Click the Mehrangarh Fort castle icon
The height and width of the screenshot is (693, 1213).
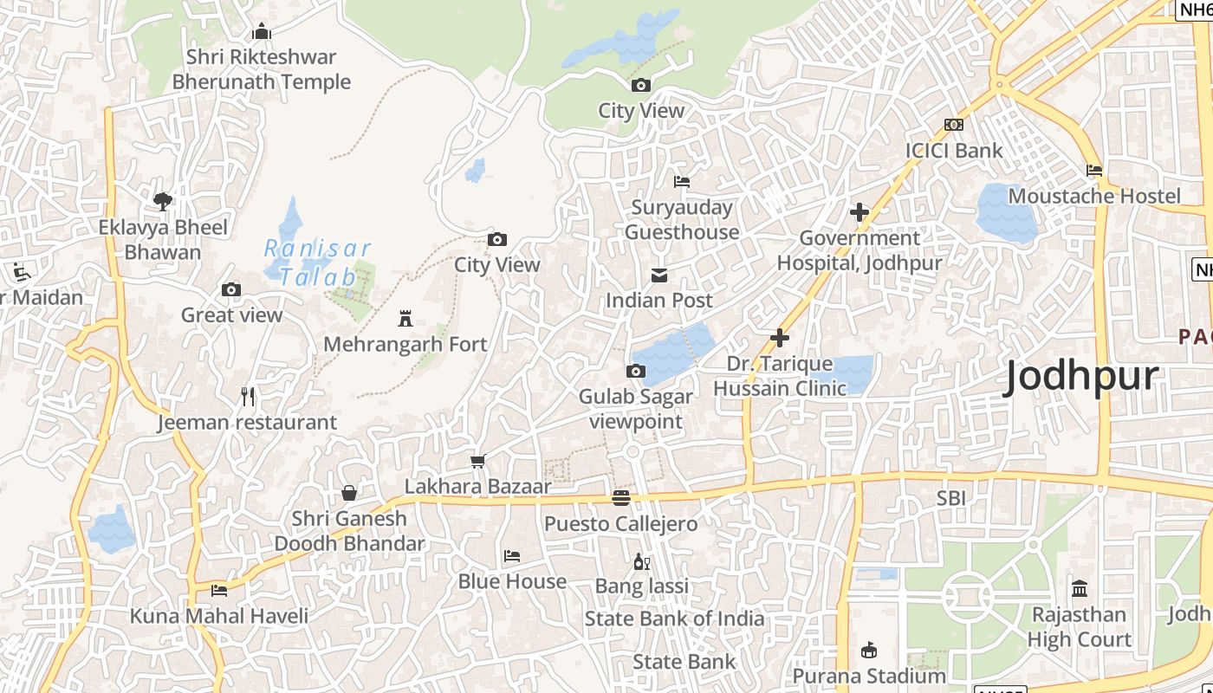click(405, 319)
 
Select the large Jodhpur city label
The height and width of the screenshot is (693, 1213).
click(1080, 377)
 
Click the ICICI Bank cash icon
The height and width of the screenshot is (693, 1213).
click(954, 125)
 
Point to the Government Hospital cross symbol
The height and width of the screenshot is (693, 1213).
click(859, 212)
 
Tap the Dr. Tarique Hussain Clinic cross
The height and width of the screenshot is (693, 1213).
click(780, 338)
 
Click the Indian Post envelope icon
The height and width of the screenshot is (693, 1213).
click(659, 275)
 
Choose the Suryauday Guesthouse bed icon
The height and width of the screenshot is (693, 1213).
click(682, 182)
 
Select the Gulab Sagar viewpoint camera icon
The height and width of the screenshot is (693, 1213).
click(635, 372)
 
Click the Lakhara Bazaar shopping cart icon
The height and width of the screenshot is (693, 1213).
click(477, 461)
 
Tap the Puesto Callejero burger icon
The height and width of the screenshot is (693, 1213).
click(620, 498)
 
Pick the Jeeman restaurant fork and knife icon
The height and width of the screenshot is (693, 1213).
click(248, 397)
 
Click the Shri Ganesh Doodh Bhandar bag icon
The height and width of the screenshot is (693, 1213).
click(348, 493)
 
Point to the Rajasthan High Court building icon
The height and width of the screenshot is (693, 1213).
click(1080, 589)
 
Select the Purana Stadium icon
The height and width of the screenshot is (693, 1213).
click(869, 650)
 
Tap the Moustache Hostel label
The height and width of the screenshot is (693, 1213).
click(1093, 196)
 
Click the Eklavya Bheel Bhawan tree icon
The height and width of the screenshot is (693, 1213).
click(162, 202)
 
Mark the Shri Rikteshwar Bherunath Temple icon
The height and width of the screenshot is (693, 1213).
click(261, 32)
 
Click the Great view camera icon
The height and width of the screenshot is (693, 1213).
click(231, 289)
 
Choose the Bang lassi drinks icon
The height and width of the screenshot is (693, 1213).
click(641, 561)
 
